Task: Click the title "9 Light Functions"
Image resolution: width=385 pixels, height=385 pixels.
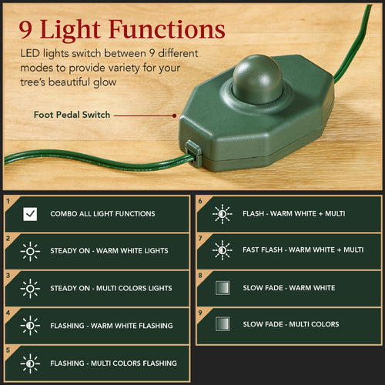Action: coord(122,29)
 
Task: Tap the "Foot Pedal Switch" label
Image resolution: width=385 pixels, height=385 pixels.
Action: coord(72,115)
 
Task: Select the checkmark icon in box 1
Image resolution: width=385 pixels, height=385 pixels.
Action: coord(30,214)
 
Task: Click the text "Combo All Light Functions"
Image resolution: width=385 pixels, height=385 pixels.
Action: coord(102,214)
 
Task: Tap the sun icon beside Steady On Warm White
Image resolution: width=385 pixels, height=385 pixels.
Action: coord(30,251)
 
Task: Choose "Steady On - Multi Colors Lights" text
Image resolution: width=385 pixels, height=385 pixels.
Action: coord(111,288)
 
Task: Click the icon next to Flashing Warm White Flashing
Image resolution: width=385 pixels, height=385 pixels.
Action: coord(30,325)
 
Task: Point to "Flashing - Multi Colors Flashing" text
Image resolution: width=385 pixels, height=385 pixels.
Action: coord(113,363)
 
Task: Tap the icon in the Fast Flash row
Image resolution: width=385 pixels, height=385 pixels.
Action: coord(222,250)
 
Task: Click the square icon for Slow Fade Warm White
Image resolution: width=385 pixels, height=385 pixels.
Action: coord(222,287)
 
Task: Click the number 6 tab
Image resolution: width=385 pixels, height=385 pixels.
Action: coord(200,202)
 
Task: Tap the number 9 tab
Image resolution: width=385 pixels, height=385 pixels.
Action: coord(200,313)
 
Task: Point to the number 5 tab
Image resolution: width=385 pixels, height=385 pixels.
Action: coord(8,350)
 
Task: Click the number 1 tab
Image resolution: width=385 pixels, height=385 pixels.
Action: coord(8,202)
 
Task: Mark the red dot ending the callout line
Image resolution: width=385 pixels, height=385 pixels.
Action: coord(176,115)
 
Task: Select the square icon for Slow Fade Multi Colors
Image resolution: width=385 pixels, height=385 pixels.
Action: coord(222,324)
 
